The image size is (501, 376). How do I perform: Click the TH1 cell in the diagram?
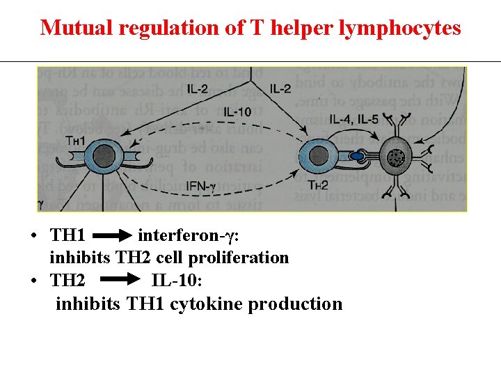tap(105, 155)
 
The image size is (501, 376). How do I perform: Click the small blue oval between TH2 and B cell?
tap(356, 157)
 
